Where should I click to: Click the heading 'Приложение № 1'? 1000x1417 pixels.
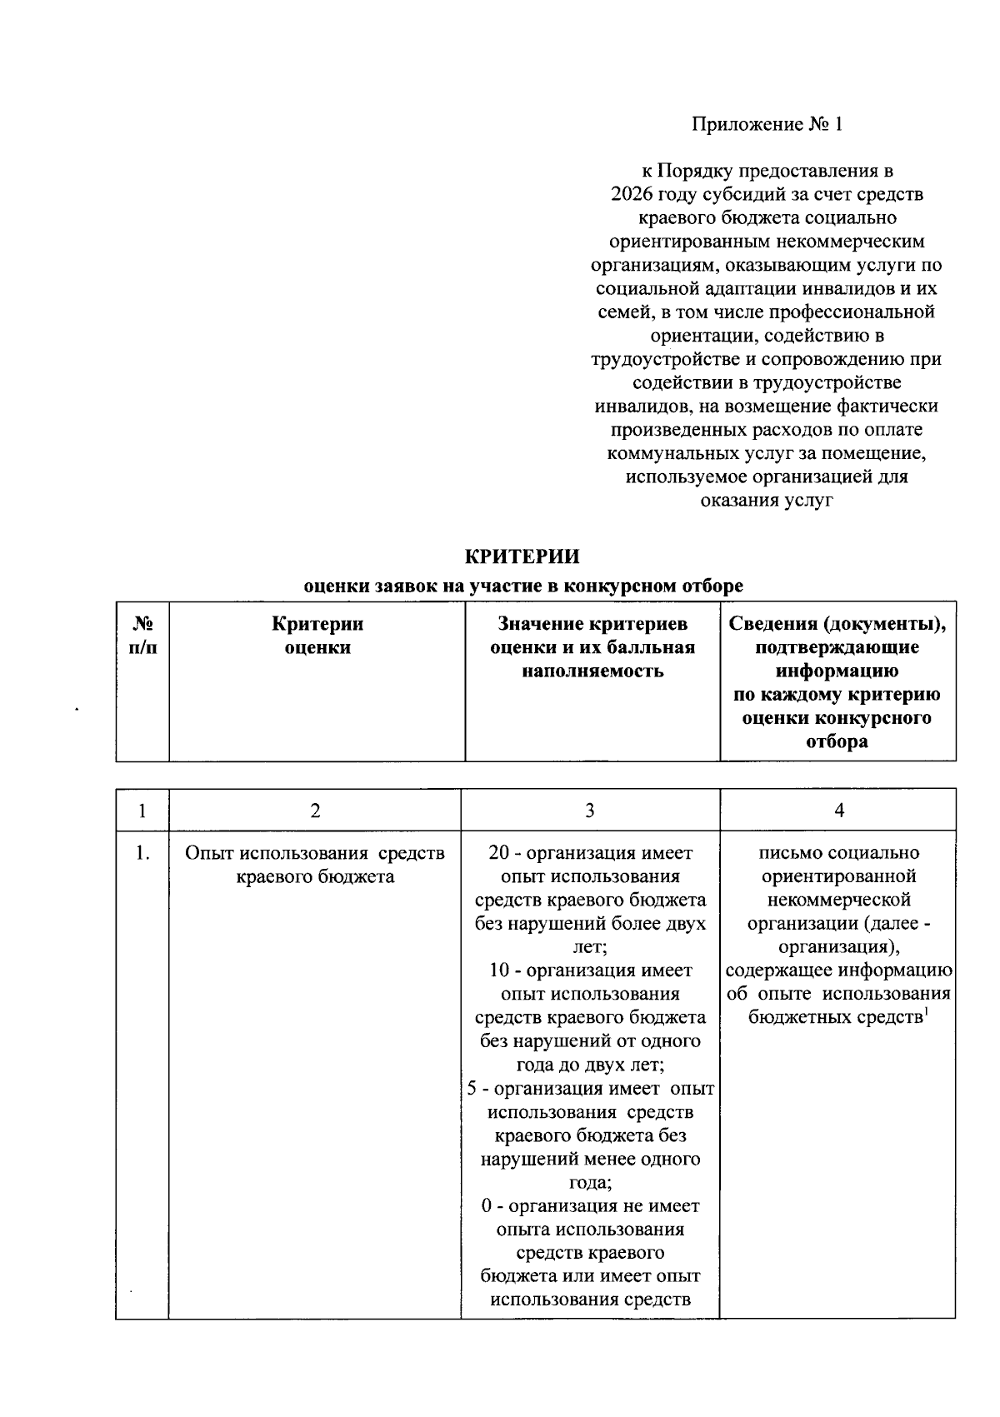click(x=767, y=125)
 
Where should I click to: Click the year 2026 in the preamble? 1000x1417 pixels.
click(x=631, y=195)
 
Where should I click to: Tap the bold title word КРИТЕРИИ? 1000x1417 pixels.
click(x=522, y=556)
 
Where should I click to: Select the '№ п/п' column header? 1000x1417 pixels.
click(x=142, y=636)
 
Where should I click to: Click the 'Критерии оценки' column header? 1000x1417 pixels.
click(x=317, y=636)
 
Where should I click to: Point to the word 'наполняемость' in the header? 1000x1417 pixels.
click(x=592, y=671)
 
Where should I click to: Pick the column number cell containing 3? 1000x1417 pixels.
click(x=590, y=811)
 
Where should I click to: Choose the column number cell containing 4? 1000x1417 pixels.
click(x=838, y=811)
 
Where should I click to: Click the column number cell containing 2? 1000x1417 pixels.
click(x=314, y=811)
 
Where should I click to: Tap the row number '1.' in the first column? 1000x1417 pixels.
click(x=142, y=853)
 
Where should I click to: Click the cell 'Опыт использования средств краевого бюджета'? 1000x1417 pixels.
click(x=314, y=865)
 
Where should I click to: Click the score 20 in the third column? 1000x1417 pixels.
click(x=497, y=853)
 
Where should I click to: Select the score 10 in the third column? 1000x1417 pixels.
click(x=497, y=970)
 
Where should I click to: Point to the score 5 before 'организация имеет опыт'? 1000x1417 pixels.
click(x=472, y=1089)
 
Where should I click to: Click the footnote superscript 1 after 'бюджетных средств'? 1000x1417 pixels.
click(x=927, y=1012)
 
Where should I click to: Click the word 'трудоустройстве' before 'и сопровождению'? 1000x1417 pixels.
click(x=654, y=360)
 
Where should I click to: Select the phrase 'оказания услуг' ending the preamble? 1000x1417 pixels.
click(x=767, y=501)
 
